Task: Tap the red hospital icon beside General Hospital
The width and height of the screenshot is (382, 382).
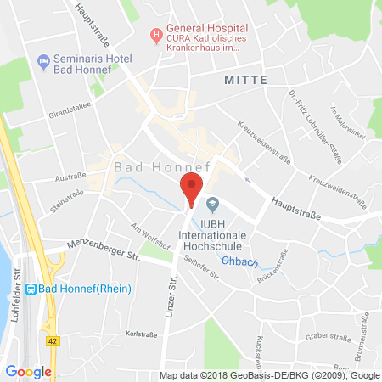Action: coord(155,36)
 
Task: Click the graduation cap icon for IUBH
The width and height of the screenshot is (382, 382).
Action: coord(213,203)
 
